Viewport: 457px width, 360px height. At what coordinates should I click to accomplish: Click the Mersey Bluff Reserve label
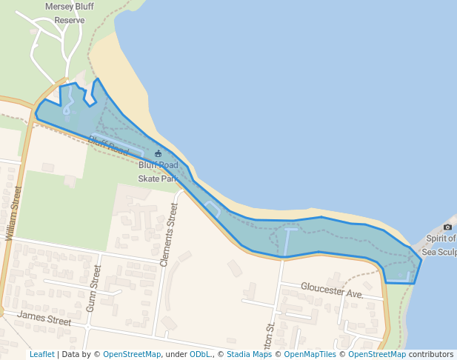[70, 13]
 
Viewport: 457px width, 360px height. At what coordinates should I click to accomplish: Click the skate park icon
[158, 153]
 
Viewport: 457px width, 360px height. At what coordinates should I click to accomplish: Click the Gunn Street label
[94, 288]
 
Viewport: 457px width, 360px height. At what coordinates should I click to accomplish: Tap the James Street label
[44, 319]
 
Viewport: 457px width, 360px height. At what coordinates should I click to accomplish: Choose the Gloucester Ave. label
[333, 290]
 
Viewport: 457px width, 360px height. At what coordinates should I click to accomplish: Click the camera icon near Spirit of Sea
[447, 227]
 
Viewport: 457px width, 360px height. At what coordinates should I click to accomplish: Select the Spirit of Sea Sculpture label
[439, 245]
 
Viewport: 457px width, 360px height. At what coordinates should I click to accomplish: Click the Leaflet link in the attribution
[41, 354]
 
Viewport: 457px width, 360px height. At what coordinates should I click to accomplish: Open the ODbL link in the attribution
[200, 354]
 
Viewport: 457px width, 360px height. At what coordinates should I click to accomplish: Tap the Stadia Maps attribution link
[249, 354]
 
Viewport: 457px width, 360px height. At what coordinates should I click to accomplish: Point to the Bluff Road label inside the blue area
[108, 144]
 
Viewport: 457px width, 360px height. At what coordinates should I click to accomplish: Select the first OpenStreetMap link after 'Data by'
[132, 354]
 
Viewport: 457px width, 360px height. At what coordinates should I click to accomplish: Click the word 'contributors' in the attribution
[431, 354]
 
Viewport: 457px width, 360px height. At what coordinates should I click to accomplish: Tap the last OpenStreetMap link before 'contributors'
[377, 354]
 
